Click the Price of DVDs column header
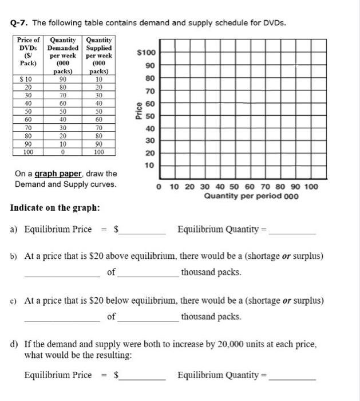coord(28,52)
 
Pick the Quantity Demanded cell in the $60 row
coord(64,119)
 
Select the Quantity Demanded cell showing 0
coord(64,152)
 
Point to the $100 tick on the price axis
coord(147,53)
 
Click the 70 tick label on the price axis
coord(149,91)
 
